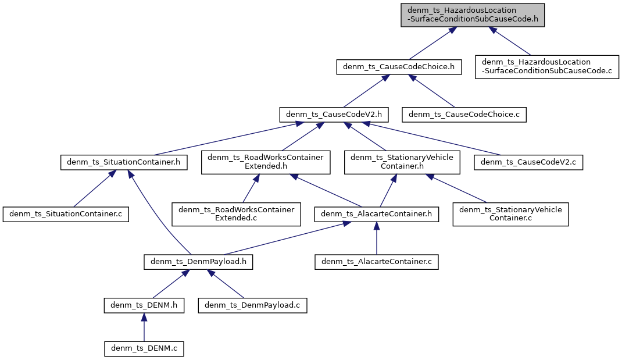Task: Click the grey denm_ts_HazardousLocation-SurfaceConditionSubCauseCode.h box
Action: coord(473,15)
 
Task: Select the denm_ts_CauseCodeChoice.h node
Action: coord(399,67)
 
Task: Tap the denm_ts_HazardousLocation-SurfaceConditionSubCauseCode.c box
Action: coord(547,67)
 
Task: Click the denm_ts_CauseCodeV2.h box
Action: coord(334,115)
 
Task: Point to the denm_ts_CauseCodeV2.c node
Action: coord(528,162)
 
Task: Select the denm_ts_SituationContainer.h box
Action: coord(124,162)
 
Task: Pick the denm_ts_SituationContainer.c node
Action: coord(65,214)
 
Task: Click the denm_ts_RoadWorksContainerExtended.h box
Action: coord(266,162)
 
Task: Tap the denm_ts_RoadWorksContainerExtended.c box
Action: coord(236,214)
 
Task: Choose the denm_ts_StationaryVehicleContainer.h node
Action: coord(402,162)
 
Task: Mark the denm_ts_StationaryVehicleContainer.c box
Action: coord(510,214)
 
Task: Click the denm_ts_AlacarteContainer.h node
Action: coord(376,214)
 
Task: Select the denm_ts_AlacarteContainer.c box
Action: coord(376,262)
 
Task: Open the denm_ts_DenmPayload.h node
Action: coord(198,262)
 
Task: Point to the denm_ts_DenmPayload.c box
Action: coord(252,305)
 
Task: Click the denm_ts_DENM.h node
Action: coord(144,305)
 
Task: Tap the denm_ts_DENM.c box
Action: coord(144,348)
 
